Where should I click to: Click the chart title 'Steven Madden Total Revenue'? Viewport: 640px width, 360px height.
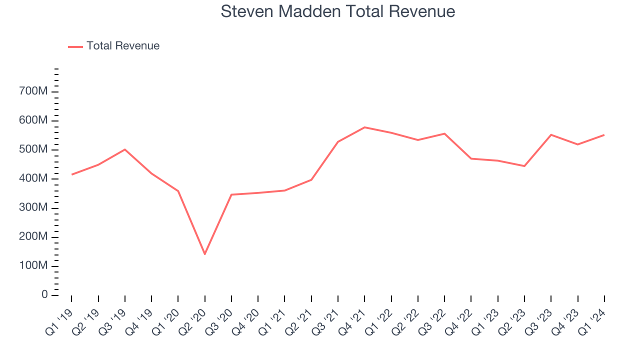coord(338,11)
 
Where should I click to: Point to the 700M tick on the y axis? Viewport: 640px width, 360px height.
coord(34,91)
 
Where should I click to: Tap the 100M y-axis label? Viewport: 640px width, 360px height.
coord(34,266)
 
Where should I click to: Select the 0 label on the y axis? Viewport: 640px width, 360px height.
coord(44,295)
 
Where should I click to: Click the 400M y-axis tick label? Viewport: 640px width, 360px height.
coord(34,179)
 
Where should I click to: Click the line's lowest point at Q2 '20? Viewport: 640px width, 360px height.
coord(204,254)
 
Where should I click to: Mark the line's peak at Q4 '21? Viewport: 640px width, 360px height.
coord(364,127)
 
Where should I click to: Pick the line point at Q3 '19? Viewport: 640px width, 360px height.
coord(125,149)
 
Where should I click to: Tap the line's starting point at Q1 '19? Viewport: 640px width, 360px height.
coord(71,174)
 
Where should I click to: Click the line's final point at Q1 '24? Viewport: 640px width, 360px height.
coord(604,135)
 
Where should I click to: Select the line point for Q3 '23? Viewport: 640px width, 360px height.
coord(551,134)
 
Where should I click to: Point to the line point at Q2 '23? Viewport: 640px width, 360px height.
coord(524,166)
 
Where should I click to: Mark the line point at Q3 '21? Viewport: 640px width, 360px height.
coord(338,141)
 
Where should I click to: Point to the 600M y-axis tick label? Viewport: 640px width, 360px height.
coord(34,120)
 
